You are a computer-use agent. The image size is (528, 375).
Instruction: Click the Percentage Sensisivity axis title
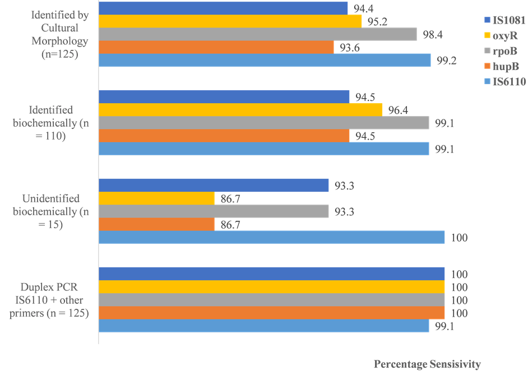[427, 364]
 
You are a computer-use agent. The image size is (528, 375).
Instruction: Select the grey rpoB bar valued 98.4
[258, 34]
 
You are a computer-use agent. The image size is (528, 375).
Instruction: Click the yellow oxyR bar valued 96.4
[240, 109]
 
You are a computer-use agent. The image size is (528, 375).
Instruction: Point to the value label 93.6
[350, 48]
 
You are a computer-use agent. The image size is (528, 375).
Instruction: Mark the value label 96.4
[398, 110]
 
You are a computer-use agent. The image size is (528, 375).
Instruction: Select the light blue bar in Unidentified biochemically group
[271, 237]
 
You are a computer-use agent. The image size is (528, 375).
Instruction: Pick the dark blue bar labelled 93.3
[214, 186]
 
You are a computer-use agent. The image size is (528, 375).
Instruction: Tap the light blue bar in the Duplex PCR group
[263, 326]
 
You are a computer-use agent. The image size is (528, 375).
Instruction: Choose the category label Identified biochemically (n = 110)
[53, 123]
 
